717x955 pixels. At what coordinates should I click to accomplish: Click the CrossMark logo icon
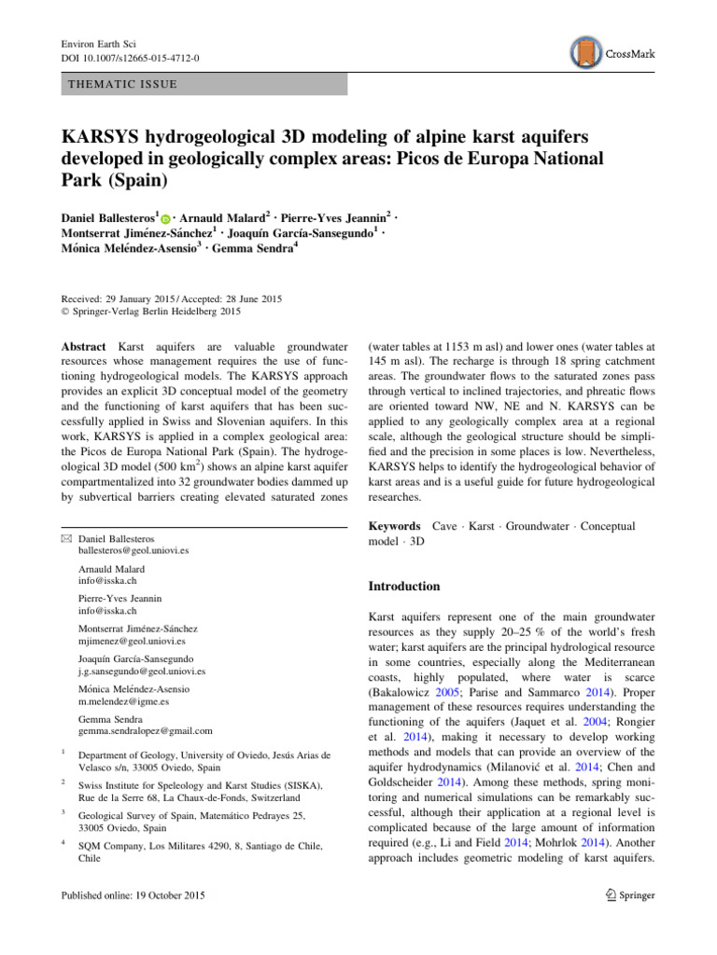click(x=586, y=54)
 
